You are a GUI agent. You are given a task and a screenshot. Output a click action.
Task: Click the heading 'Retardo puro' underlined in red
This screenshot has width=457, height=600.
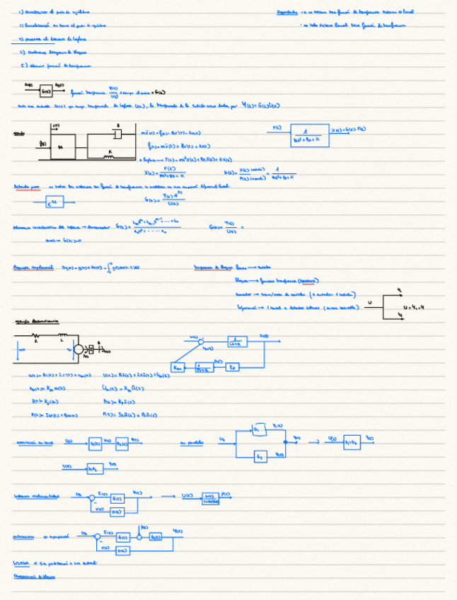pyautogui.click(x=27, y=187)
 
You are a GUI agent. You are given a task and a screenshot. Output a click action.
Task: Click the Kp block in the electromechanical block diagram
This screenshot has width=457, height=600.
pyautogui.click(x=233, y=367)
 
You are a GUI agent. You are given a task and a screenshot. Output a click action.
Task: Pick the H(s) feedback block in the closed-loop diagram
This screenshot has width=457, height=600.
pyautogui.click(x=117, y=511)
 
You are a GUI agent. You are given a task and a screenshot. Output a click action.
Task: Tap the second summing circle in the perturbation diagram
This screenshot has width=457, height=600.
pyautogui.click(x=138, y=537)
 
